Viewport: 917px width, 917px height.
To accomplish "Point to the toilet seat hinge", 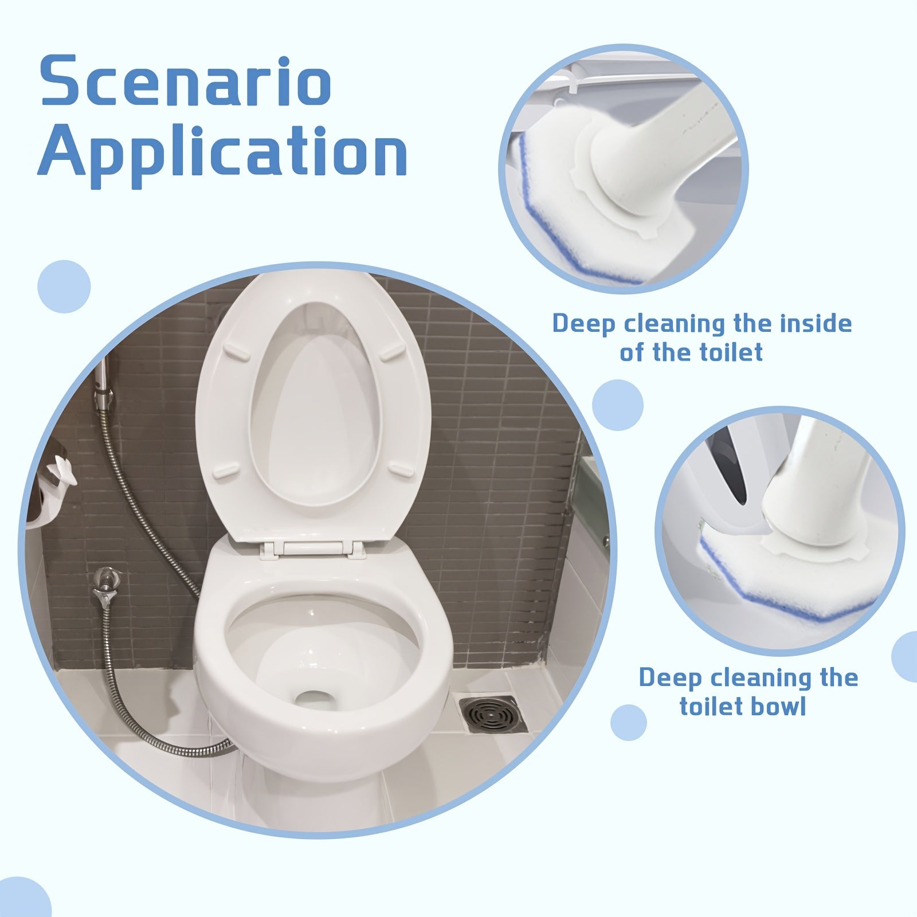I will (313, 548).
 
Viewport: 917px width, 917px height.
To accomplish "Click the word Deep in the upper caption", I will (584, 324).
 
